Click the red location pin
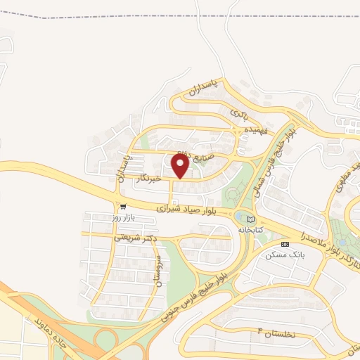tap(180, 165)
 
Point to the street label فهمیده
tap(253, 131)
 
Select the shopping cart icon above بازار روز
tap(123, 207)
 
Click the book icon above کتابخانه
tap(251, 219)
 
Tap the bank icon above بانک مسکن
tap(284, 244)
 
